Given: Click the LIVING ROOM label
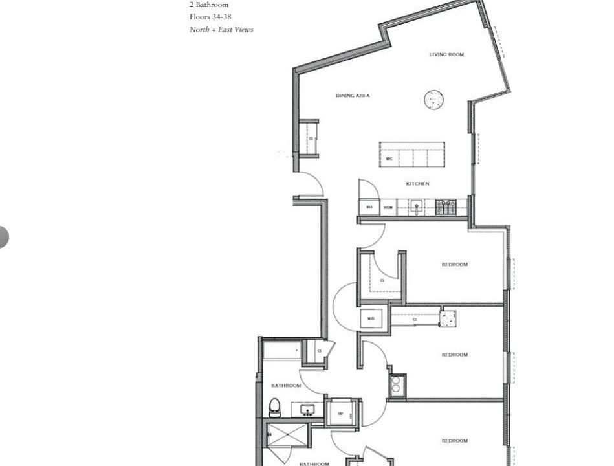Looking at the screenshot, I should [446, 55].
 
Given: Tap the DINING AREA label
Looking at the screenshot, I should [353, 96].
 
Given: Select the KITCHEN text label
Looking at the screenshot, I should [417, 184].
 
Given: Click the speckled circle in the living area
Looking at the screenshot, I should [433, 99].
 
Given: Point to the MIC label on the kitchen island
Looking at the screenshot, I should [389, 159].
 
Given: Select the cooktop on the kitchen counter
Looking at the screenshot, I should [446, 207].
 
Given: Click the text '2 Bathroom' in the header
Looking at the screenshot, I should [208, 5].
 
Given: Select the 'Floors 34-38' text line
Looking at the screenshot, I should [210, 17].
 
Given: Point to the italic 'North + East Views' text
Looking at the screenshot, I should [221, 30].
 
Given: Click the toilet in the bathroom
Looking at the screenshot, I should [274, 408].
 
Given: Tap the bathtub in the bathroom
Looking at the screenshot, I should [281, 351].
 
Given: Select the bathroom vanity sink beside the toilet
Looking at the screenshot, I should [305, 409].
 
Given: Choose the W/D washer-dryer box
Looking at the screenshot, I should [372, 318].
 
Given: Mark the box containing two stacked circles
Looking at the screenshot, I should [396, 384].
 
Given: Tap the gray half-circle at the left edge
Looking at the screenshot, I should [3, 237].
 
